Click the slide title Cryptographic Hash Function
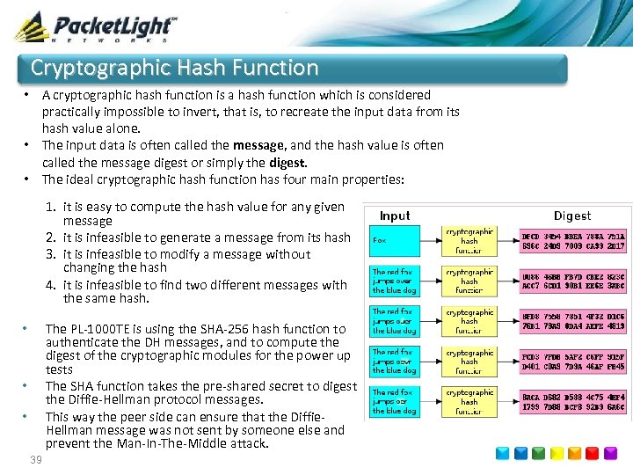pos(174,68)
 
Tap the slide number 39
pos(36,461)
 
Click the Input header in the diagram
pos(395,216)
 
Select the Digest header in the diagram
pos(571,216)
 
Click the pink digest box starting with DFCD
pos(572,241)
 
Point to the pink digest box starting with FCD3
pos(572,362)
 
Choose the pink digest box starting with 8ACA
pos(572,402)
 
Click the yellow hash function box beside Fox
pos(469,240)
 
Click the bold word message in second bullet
pos(258,145)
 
